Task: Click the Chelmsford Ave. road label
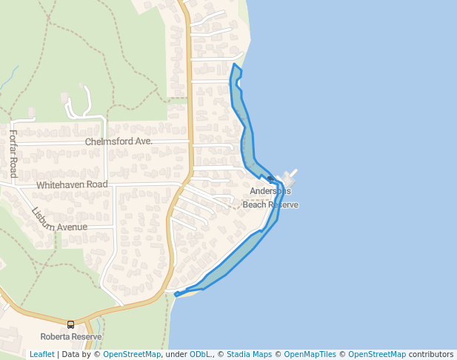pyautogui.click(x=119, y=141)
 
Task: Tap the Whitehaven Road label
pyautogui.click(x=72, y=184)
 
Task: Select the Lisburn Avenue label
pyautogui.click(x=59, y=220)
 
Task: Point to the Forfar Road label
pyautogui.click(x=13, y=153)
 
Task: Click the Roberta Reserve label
pyautogui.click(x=71, y=336)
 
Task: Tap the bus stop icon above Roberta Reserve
pyautogui.click(x=71, y=324)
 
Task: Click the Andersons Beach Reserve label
pyautogui.click(x=270, y=198)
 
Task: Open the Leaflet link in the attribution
pyautogui.click(x=41, y=354)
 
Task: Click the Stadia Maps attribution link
pyautogui.click(x=249, y=354)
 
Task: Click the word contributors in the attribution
pyautogui.click(x=431, y=354)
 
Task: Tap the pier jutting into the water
pyautogui.click(x=290, y=176)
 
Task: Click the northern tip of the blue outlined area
pyautogui.click(x=235, y=64)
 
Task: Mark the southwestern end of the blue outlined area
pyautogui.click(x=176, y=295)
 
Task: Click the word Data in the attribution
pyautogui.click(x=72, y=354)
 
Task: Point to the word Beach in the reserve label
pyautogui.click(x=254, y=204)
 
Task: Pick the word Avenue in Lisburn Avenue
pyautogui.click(x=73, y=227)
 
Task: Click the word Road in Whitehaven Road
pyautogui.click(x=96, y=184)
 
